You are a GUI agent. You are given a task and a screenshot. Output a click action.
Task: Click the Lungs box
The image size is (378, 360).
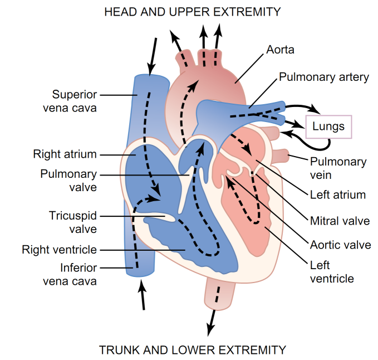point(328,127)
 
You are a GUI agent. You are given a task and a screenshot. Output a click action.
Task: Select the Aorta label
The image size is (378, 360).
point(280,50)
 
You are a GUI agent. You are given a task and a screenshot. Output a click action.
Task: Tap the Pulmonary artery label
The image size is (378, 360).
point(323,77)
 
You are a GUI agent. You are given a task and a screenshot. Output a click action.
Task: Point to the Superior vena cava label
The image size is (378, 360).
point(74,101)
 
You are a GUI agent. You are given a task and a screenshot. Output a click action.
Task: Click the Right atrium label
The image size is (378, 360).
point(65,154)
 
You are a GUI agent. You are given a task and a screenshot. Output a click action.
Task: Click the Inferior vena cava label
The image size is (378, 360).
point(70,274)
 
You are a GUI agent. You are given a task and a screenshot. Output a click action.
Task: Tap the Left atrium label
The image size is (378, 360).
point(337,194)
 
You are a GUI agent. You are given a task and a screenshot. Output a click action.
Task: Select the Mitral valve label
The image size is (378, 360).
point(339,221)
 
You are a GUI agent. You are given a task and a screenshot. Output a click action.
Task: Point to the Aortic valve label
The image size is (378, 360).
point(340,245)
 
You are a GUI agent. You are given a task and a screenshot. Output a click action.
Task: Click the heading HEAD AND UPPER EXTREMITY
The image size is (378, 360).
point(192,12)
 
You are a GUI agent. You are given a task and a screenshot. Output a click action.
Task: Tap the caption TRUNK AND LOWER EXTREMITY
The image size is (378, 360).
point(192,350)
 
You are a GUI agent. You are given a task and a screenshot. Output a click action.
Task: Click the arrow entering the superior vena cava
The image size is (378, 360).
point(152,56)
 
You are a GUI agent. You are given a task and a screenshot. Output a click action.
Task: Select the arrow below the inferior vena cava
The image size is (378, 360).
point(143,295)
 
